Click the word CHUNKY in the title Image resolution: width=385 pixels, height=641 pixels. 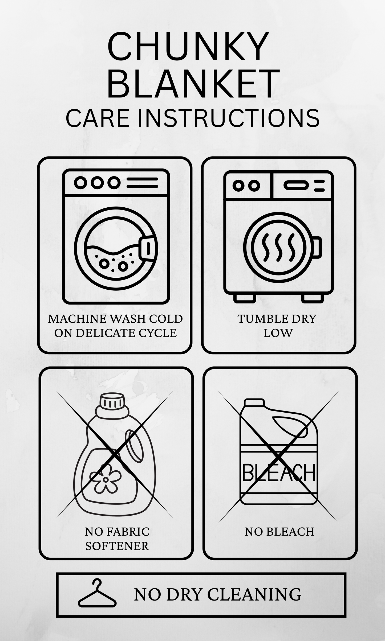(x=188, y=47)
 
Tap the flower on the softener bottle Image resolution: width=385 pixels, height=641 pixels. (x=106, y=480)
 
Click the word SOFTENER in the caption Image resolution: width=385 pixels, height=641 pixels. (x=117, y=546)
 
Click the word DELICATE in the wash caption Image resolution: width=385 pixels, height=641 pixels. (x=111, y=333)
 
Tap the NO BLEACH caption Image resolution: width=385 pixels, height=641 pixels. (x=279, y=532)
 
